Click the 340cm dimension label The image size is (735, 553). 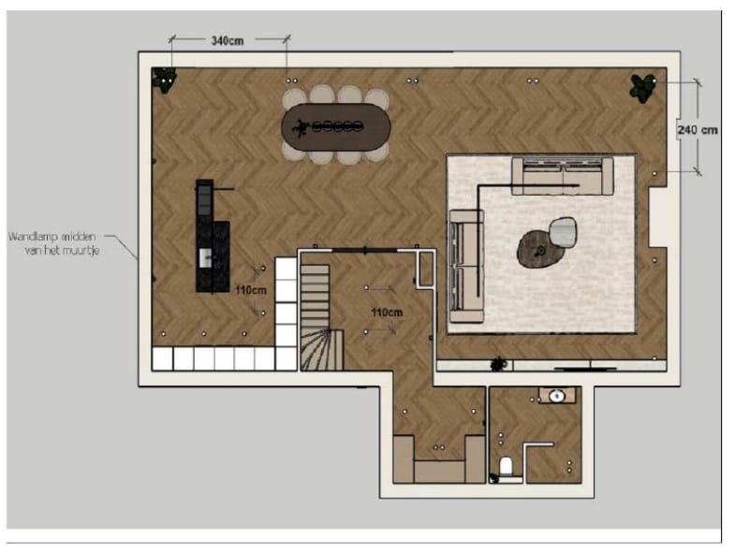tap(228, 41)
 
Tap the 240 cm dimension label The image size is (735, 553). tap(698, 130)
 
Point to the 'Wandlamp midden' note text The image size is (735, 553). tap(52, 237)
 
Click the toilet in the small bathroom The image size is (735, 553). tap(506, 467)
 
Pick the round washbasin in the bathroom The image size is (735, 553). tap(557, 397)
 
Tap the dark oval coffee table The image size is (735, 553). tap(540, 249)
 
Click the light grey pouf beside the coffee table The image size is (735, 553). tap(563, 231)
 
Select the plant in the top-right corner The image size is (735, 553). tap(642, 87)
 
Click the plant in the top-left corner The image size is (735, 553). tap(164, 79)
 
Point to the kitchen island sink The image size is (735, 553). tap(205, 258)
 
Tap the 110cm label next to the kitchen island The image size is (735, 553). tap(251, 290)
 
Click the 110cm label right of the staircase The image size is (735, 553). tap(387, 313)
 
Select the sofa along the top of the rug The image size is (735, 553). tap(563, 176)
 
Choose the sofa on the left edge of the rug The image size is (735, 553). tap(466, 266)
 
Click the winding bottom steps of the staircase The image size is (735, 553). tap(321, 350)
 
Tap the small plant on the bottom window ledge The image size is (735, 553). tap(499, 364)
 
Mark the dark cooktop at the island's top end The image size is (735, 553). tap(204, 197)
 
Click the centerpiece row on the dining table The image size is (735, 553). tap(337, 126)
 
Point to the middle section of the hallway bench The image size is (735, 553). tap(439, 472)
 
